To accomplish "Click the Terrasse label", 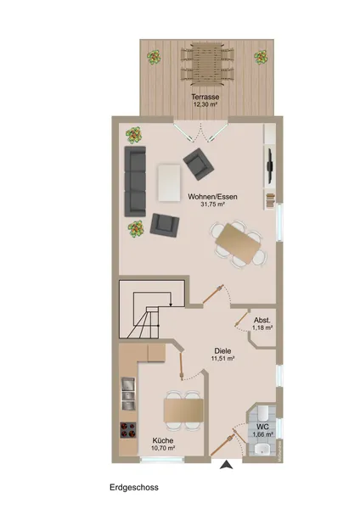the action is [205, 97].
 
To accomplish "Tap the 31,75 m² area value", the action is [213, 204].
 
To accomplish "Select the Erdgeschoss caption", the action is [134, 487].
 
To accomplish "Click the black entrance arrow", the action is [227, 465].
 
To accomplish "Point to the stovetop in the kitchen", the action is [128, 430].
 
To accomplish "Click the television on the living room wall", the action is [270, 165].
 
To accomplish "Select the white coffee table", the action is [169, 183].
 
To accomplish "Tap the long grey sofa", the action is [135, 182].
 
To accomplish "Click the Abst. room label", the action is [262, 320].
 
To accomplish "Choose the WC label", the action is [262, 427].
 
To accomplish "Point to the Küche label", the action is [163, 440].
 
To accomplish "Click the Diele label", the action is [222, 351].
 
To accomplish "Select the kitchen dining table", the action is [183, 410].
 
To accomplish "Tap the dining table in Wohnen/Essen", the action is [239, 243].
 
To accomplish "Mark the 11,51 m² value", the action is [223, 359].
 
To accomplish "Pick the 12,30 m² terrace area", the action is [205, 104].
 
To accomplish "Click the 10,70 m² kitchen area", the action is [163, 448].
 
